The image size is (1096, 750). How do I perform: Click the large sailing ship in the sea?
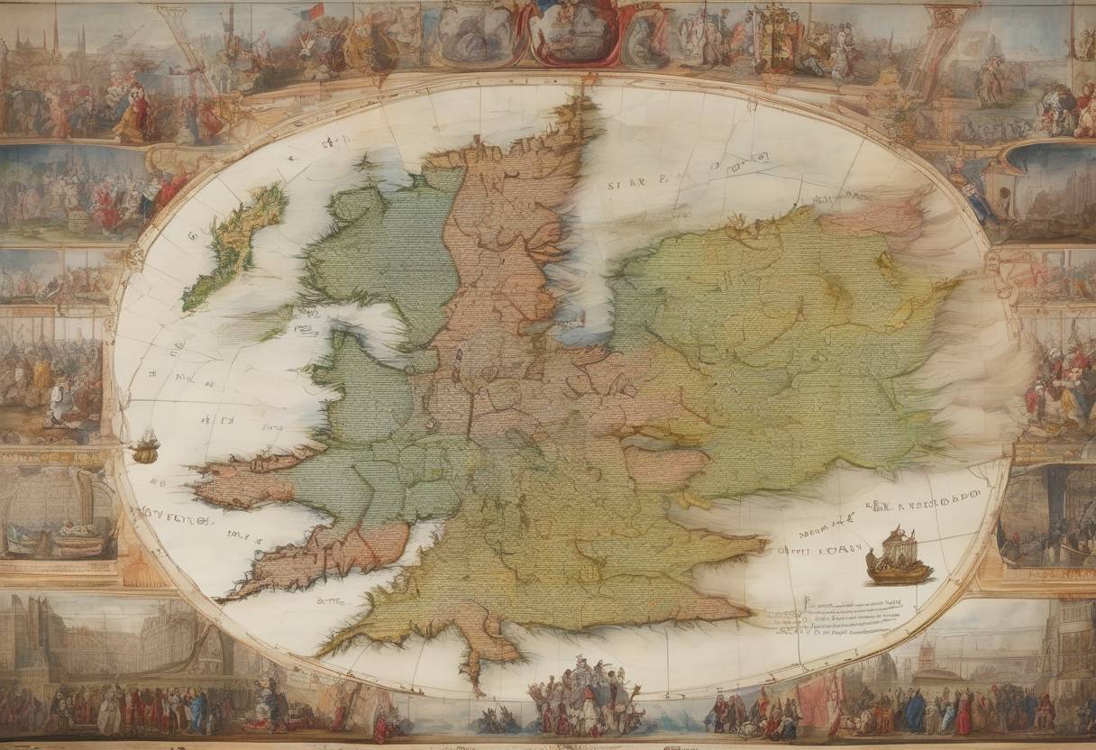pos(898,557)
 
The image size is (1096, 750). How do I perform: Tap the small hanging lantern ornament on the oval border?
pos(144,447)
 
